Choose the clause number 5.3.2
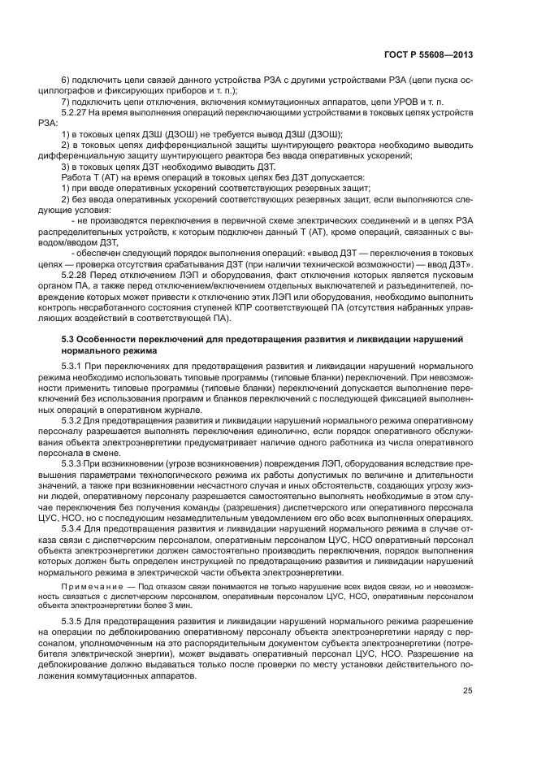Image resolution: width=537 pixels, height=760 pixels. point(72,419)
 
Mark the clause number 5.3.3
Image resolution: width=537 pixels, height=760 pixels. point(72,462)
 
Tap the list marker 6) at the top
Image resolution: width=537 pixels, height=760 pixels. point(66,80)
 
